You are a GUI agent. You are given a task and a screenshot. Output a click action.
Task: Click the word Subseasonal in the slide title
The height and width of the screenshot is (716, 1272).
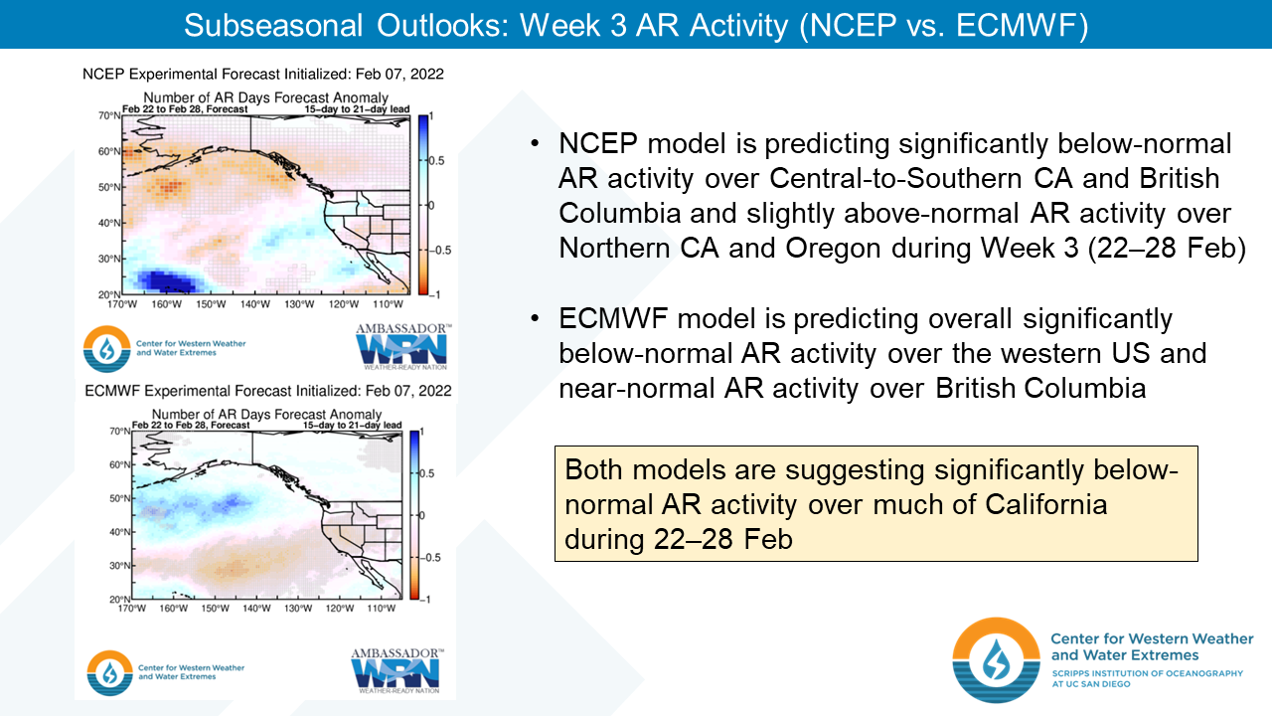point(273,26)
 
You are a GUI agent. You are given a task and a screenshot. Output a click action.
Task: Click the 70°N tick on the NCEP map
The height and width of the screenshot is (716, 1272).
point(109,116)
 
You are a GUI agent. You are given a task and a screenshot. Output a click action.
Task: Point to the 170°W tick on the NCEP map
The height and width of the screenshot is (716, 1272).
point(122,304)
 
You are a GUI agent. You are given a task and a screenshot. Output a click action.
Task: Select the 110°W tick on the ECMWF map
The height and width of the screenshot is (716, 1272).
point(381,609)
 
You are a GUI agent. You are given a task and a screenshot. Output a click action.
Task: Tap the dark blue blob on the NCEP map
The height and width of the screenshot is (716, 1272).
point(166,280)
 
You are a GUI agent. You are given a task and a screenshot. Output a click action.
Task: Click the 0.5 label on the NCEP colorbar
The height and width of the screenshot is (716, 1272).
point(436,161)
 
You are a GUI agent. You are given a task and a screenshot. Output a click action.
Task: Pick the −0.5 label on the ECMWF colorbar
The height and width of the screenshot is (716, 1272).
point(431,558)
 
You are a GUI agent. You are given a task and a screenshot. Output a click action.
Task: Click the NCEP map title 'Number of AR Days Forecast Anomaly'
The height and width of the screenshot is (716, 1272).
point(265,97)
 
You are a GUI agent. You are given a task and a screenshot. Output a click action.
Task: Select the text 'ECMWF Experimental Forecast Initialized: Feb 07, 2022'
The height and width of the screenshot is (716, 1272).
point(268,391)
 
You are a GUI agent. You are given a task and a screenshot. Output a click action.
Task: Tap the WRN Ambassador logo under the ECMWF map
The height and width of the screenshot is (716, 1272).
point(397,671)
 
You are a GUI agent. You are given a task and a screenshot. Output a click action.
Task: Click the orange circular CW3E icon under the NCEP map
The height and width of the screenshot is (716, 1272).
point(106,349)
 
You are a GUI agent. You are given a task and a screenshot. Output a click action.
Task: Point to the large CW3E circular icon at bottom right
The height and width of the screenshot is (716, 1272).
point(996,659)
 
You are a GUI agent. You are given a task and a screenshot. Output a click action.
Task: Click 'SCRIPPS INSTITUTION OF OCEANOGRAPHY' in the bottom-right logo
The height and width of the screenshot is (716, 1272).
point(1147,673)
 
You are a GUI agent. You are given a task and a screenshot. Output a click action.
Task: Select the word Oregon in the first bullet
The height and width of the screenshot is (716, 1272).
point(834,249)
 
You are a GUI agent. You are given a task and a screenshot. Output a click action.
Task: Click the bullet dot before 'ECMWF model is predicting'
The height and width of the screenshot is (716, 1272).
point(535,318)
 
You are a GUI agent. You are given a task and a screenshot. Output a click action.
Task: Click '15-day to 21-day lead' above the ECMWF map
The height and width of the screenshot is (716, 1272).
point(352,425)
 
